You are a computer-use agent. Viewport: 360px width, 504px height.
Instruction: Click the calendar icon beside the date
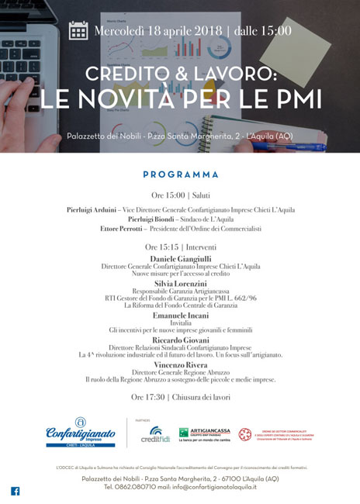click(78, 30)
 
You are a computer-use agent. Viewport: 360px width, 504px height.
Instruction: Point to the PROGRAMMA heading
click(181, 174)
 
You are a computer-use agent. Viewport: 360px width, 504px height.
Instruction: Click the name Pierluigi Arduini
click(92, 209)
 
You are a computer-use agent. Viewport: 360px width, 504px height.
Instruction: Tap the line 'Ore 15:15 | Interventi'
click(181, 247)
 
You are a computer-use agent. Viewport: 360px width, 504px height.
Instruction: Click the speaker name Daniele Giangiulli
click(181, 258)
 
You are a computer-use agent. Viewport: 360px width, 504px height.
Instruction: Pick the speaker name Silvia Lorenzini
click(181, 285)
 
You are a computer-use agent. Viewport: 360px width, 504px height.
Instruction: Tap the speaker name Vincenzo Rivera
click(181, 364)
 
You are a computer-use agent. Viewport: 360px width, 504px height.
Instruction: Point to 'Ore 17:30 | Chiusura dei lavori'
click(181, 397)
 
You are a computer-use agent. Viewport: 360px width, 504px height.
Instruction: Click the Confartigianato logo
click(81, 431)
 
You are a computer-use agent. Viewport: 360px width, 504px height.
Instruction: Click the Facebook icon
click(15, 490)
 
